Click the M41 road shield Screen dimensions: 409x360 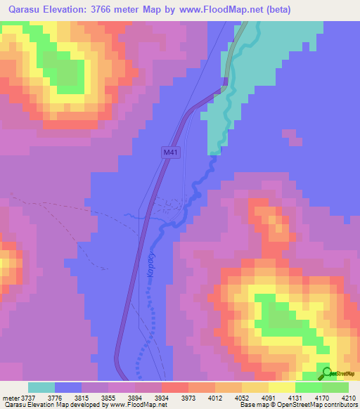pos(170,152)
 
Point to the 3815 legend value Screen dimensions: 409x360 pos(82,398)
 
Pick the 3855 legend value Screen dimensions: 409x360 pos(109,398)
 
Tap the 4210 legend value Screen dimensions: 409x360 pos(350,398)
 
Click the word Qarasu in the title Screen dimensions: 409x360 pos(27,10)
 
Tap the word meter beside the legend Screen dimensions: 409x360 pos(9,398)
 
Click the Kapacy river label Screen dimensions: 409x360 pos(150,266)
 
